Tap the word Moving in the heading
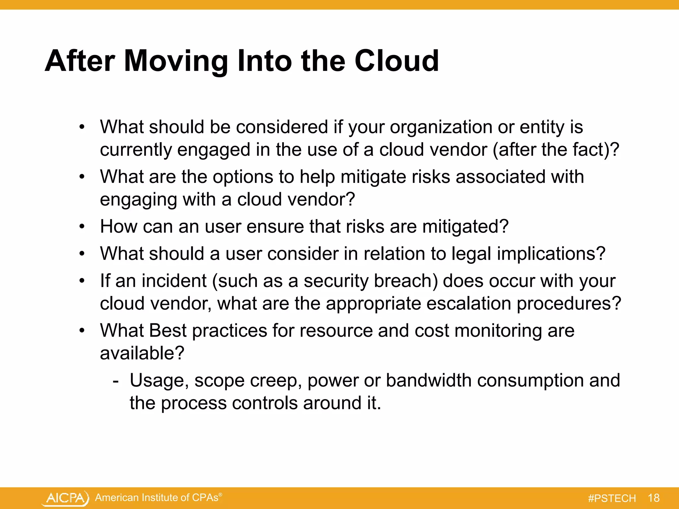pos(176,61)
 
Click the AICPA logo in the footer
pos(66,498)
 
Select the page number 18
pos(653,498)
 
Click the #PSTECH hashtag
pos(612,498)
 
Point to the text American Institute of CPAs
pos(156,497)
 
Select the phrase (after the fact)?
pos(556,150)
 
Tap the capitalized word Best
pos(168,331)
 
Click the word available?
pos(142,353)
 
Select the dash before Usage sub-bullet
pos(115,381)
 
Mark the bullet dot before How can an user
pos(82,227)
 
